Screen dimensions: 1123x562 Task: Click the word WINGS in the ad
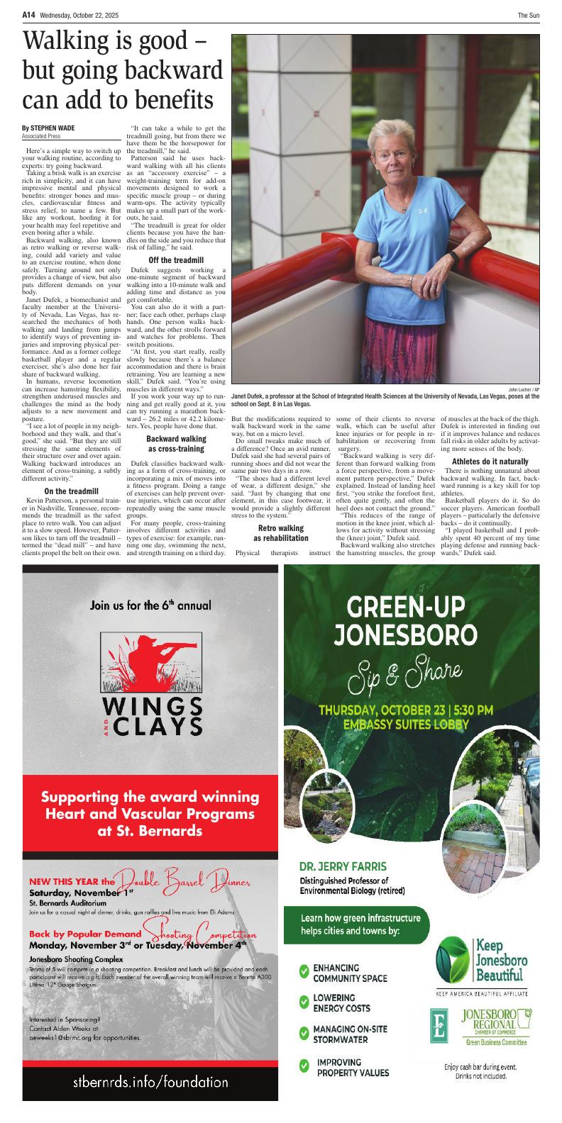point(150,707)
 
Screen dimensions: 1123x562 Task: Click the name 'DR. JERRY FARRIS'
point(343,866)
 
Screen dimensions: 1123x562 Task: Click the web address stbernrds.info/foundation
point(150,1082)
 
